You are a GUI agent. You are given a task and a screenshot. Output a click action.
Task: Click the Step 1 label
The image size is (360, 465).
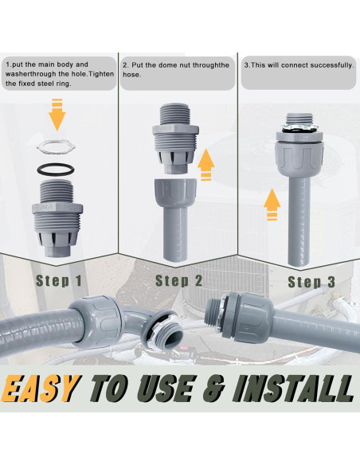coord(58,280)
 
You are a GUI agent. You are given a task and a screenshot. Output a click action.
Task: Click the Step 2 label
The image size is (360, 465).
coord(178,280)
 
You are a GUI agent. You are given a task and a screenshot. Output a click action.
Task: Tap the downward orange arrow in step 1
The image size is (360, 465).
coord(57,115)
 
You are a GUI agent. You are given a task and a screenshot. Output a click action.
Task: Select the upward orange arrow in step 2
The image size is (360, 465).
coord(206,166)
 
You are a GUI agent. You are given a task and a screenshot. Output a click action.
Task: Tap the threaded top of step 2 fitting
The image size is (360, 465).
coord(173,114)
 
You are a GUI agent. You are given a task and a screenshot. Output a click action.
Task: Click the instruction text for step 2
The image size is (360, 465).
coord(177,70)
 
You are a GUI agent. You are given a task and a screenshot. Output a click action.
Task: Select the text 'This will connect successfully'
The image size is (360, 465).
coord(299,64)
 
